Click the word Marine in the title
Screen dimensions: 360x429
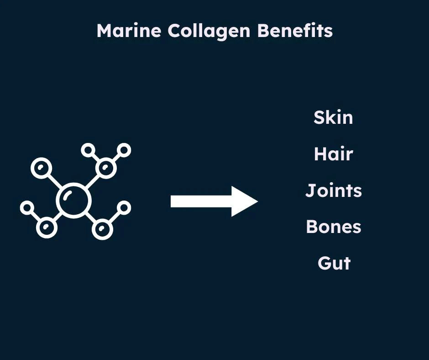click(x=129, y=31)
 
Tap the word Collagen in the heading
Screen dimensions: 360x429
click(x=209, y=31)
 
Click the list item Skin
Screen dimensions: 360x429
click(x=333, y=117)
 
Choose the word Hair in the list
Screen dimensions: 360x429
click(x=333, y=154)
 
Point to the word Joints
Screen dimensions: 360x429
click(x=333, y=191)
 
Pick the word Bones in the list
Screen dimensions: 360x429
click(x=333, y=227)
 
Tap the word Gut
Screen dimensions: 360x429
click(x=334, y=263)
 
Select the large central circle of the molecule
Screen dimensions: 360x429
click(x=73, y=200)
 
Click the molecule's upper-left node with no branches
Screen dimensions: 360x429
click(x=42, y=168)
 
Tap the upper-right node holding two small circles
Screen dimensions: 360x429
click(x=106, y=168)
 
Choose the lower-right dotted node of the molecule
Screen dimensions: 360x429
click(x=102, y=228)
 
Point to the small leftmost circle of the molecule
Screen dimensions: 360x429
click(x=27, y=208)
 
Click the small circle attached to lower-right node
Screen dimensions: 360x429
click(x=123, y=208)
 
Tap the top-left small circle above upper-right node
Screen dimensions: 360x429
click(x=88, y=150)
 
